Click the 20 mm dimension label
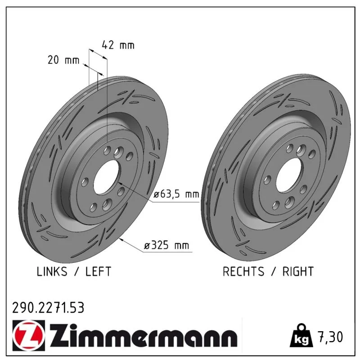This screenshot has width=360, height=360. tap(63, 60)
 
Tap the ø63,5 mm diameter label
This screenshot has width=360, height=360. tap(176, 194)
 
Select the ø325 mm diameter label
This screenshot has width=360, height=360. tap(166, 245)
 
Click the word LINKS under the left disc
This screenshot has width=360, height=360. tap(52, 271)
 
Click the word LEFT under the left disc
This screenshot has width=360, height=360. tap(98, 271)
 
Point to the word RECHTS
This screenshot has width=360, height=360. tap(243, 271)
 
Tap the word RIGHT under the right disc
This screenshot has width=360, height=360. tap(298, 271)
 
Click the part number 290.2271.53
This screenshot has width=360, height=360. tap(48, 308)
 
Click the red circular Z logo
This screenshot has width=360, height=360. tap(29, 335)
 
